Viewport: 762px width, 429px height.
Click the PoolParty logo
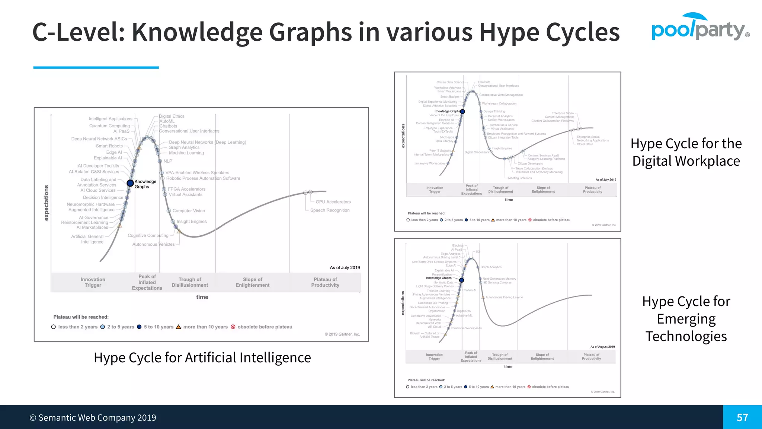(699, 28)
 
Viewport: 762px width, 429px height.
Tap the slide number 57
(742, 417)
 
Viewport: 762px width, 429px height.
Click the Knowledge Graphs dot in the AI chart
(130, 183)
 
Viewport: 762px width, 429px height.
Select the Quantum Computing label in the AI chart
(109, 126)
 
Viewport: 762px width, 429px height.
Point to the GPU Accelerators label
(333, 202)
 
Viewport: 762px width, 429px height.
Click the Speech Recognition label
(330, 210)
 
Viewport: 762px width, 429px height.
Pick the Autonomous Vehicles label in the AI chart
(153, 244)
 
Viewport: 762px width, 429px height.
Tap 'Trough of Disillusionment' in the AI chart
(190, 282)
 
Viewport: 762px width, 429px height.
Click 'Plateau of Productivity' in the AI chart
(325, 282)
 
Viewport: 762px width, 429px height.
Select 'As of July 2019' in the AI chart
(345, 267)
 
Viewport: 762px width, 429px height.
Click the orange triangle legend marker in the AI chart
(179, 327)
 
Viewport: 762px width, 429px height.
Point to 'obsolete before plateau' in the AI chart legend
(265, 327)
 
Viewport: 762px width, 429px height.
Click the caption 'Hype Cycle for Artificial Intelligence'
(202, 357)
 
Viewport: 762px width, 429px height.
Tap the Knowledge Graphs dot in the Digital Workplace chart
(462, 111)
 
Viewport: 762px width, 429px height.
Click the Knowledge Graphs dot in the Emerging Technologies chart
(461, 280)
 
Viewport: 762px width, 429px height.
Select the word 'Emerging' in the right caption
(686, 319)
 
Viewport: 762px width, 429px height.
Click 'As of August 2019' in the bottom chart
(602, 347)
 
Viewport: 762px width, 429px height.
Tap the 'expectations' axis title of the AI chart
(47, 203)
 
